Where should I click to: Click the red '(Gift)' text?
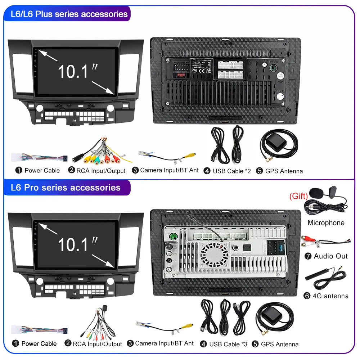(298, 196)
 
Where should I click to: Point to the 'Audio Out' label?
(330, 256)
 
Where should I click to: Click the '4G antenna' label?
(331, 296)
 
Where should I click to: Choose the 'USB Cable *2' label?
(231, 171)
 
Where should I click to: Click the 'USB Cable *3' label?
(228, 344)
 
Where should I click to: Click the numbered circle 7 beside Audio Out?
(308, 256)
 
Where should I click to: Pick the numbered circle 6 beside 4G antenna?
(307, 296)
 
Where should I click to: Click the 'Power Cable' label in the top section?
(42, 170)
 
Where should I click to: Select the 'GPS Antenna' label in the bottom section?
(280, 344)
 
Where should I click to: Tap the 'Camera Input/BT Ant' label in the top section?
(169, 170)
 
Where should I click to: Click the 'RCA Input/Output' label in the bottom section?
(97, 344)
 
